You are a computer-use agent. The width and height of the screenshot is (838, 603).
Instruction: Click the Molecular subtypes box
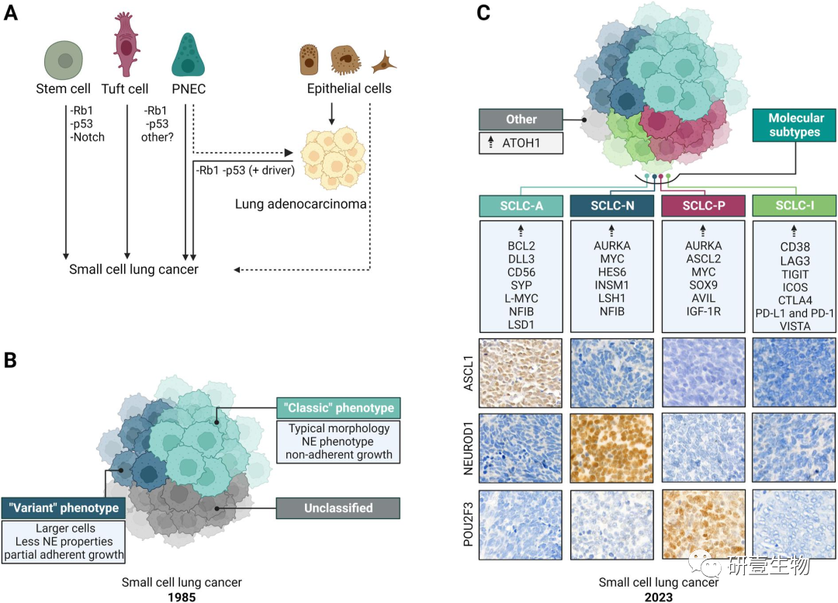click(796, 124)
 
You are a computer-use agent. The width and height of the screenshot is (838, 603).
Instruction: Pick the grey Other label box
click(521, 120)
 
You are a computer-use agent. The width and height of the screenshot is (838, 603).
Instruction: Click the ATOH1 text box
click(521, 144)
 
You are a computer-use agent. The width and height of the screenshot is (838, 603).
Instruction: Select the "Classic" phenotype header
click(338, 407)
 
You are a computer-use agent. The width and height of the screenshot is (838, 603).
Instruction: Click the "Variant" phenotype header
click(63, 508)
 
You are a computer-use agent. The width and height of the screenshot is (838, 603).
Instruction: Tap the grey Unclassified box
click(338, 508)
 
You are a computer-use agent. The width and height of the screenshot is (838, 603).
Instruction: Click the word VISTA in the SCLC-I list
click(794, 327)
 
